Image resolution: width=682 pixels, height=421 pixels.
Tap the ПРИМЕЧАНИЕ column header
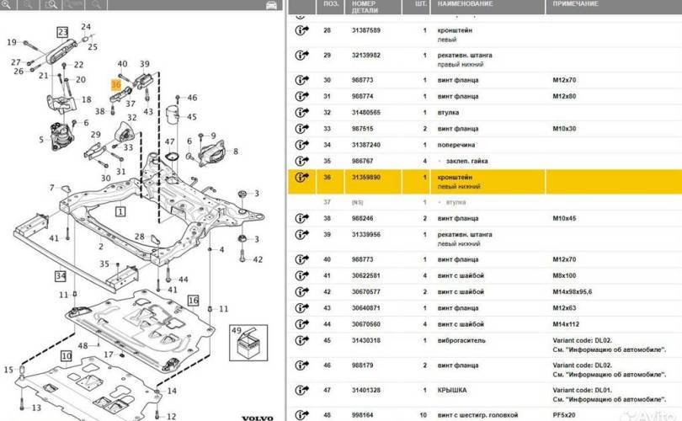(575, 4)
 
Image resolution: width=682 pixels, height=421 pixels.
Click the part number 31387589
(367, 30)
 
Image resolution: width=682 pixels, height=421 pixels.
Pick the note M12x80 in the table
(564, 95)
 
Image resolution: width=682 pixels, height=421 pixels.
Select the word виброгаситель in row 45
(461, 340)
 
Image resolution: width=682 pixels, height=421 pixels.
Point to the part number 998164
(364, 413)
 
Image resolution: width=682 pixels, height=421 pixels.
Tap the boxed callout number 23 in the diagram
(62, 32)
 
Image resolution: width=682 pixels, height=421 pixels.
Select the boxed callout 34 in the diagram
(60, 275)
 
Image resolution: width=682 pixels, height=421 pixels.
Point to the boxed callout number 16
(193, 300)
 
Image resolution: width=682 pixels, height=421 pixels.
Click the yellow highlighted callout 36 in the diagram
(116, 84)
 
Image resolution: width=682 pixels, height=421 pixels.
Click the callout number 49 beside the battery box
(236, 330)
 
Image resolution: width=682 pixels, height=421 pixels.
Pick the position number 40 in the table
(327, 258)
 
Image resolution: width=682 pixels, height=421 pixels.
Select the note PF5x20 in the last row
(565, 413)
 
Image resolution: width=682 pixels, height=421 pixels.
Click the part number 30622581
(367, 274)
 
